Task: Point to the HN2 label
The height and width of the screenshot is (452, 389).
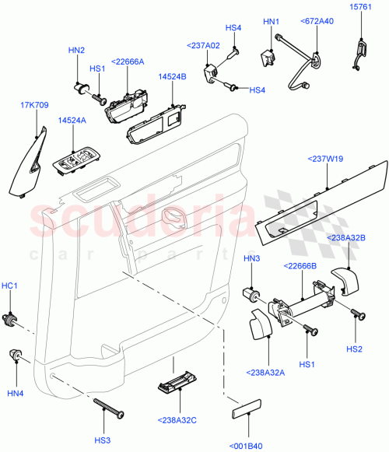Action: [76, 51]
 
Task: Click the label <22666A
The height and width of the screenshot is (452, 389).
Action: [127, 62]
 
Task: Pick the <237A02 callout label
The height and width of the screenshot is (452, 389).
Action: [202, 46]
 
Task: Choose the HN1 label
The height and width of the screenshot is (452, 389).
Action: [271, 22]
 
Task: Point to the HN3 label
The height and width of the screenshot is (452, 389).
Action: [253, 258]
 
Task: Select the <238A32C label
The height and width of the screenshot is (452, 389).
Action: [179, 420]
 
